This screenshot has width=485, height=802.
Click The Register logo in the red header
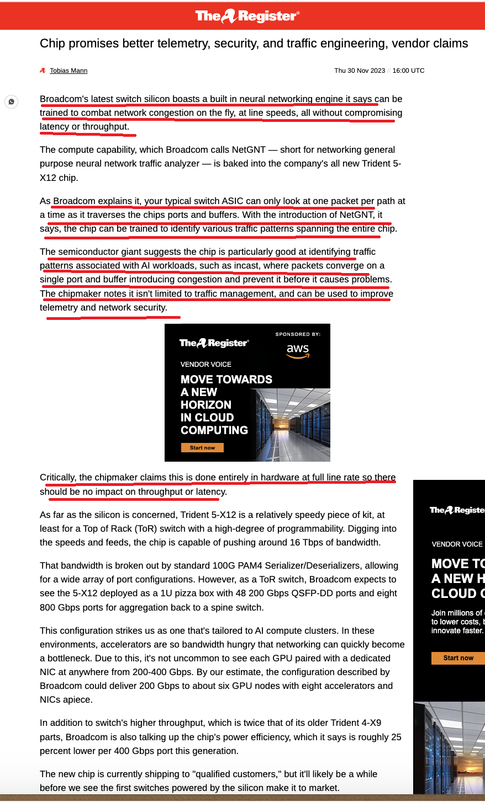tap(247, 16)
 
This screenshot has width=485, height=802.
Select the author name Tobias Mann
tap(68, 71)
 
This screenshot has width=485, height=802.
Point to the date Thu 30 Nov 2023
tap(360, 71)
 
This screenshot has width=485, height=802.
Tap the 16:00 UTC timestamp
tap(408, 71)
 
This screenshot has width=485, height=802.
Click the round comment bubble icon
tap(11, 101)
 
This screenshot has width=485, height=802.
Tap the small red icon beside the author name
tap(43, 71)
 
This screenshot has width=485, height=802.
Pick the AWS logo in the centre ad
tap(298, 351)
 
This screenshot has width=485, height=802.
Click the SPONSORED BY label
tap(298, 334)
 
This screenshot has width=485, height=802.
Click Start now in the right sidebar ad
tap(458, 657)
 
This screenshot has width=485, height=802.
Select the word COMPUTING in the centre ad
tap(214, 430)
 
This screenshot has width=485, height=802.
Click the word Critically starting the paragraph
tap(57, 478)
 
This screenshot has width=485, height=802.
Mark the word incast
tap(246, 265)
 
